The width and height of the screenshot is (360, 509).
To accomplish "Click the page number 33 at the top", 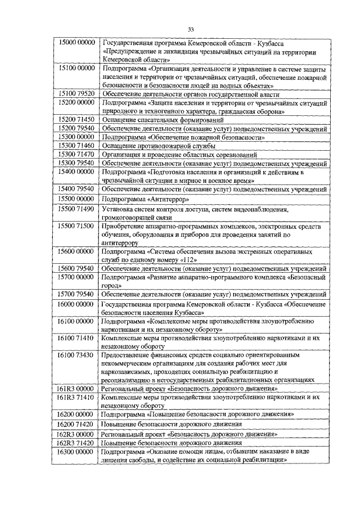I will point(191,29).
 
